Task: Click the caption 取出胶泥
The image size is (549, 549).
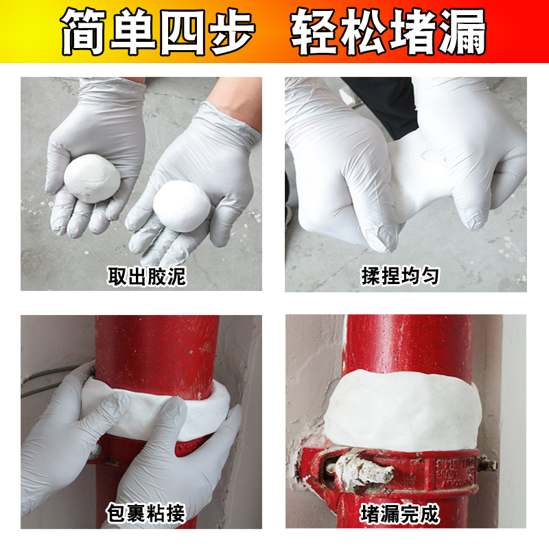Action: tap(147, 276)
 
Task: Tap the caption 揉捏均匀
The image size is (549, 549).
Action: tap(400, 276)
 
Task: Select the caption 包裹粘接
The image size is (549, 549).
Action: tap(147, 513)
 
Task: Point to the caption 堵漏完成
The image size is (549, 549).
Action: tap(400, 513)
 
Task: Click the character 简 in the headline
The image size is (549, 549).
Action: tap(85, 32)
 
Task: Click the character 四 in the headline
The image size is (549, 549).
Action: tap(181, 32)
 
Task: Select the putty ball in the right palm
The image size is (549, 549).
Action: tap(180, 203)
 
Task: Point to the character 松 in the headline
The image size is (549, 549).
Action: tap(364, 32)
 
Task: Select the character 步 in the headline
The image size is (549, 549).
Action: tap(231, 32)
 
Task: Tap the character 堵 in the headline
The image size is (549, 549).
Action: tap(414, 32)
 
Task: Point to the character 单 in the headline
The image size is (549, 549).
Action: tap(133, 32)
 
